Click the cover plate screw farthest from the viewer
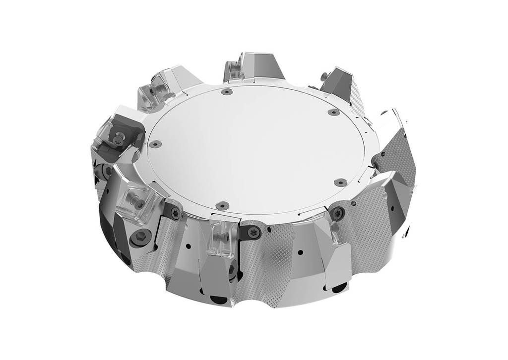(227, 92)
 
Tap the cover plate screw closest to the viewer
(223, 204)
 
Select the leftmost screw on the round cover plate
(156, 144)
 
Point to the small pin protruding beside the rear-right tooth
(323, 75)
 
